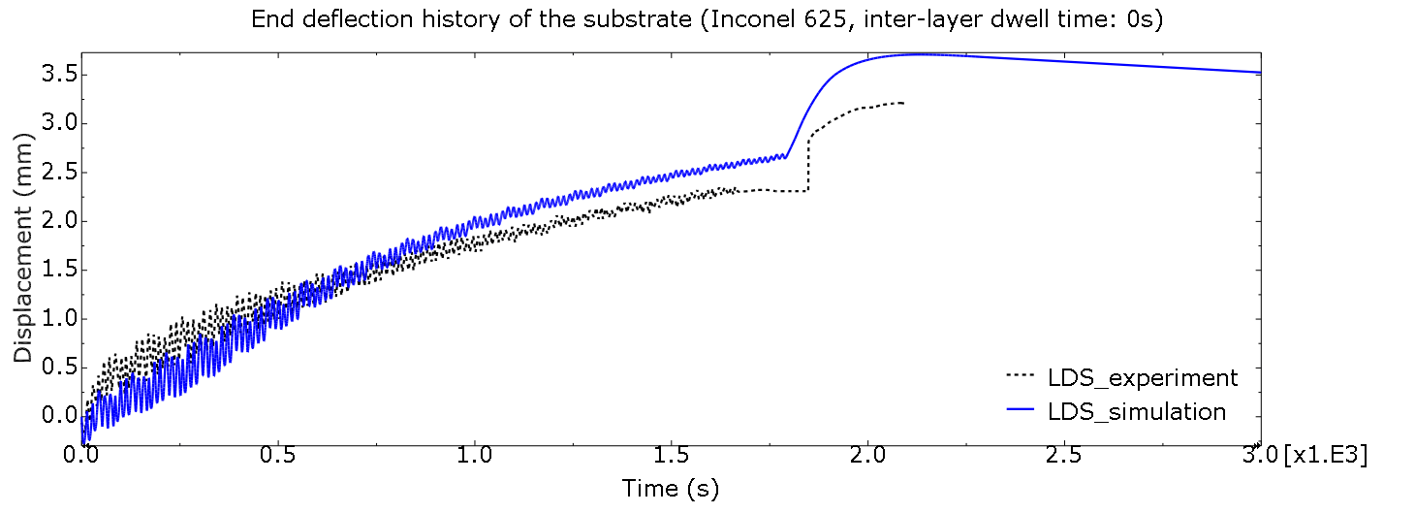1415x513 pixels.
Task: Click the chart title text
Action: tap(707, 19)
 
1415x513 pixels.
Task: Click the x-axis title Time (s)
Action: tap(671, 488)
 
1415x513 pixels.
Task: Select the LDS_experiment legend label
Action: tap(1142, 377)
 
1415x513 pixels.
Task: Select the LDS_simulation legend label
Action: tap(1137, 411)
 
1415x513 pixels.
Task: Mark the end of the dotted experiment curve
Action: tap(903, 103)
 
